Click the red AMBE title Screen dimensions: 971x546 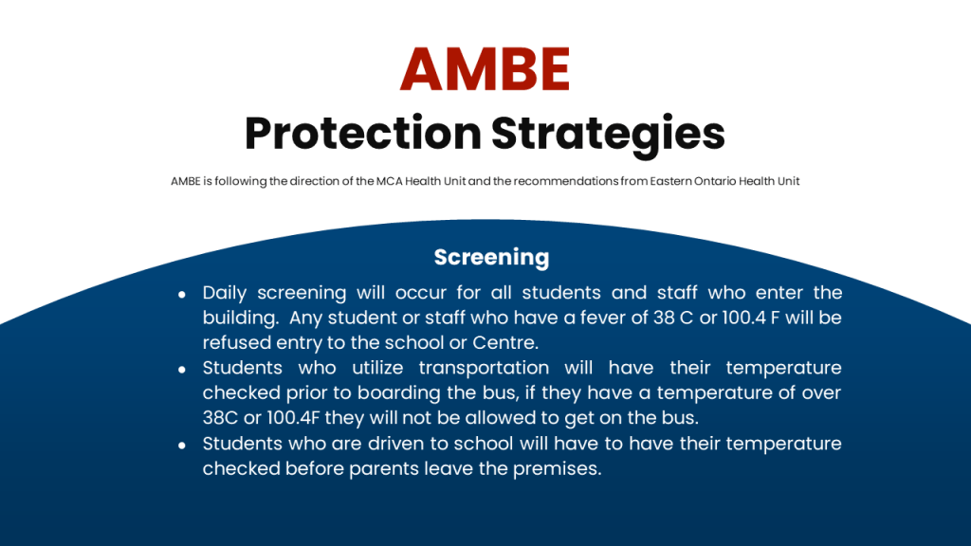click(x=485, y=68)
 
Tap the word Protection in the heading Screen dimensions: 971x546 click(x=363, y=133)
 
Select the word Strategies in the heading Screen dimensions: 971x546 click(x=608, y=135)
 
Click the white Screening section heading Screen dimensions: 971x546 click(x=492, y=258)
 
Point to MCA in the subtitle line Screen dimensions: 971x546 click(x=389, y=181)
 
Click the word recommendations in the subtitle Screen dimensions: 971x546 click(x=565, y=181)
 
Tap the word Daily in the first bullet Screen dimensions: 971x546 click(x=224, y=293)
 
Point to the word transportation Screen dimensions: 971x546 click(x=484, y=369)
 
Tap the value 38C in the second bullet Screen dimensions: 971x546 click(x=220, y=418)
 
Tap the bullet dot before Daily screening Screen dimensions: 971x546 click(x=181, y=295)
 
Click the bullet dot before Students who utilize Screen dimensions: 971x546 click(x=181, y=370)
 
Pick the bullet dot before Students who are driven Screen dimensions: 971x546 click(x=181, y=446)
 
